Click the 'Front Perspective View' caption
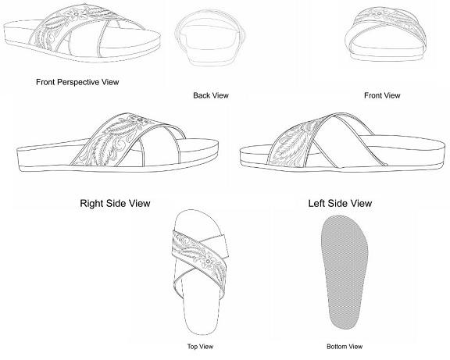pyautogui.click(x=77, y=82)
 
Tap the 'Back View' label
pyautogui.click(x=211, y=95)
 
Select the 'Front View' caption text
pyautogui.click(x=382, y=95)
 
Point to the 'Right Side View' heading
pyautogui.click(x=115, y=203)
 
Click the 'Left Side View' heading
pyautogui.click(x=340, y=203)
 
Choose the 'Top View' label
pyautogui.click(x=200, y=347)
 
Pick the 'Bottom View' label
pyautogui.click(x=345, y=347)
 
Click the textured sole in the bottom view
pyautogui.click(x=345, y=272)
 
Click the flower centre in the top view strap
pyautogui.click(x=208, y=262)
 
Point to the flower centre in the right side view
pyautogui.click(x=140, y=120)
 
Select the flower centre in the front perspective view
pyautogui.click(x=76, y=13)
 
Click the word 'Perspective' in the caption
pyautogui.click(x=80, y=83)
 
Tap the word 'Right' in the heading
pyautogui.click(x=91, y=204)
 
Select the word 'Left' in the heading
pyautogui.click(x=316, y=203)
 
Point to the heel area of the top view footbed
pyautogui.click(x=199, y=320)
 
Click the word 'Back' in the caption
pyautogui.click(x=202, y=95)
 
